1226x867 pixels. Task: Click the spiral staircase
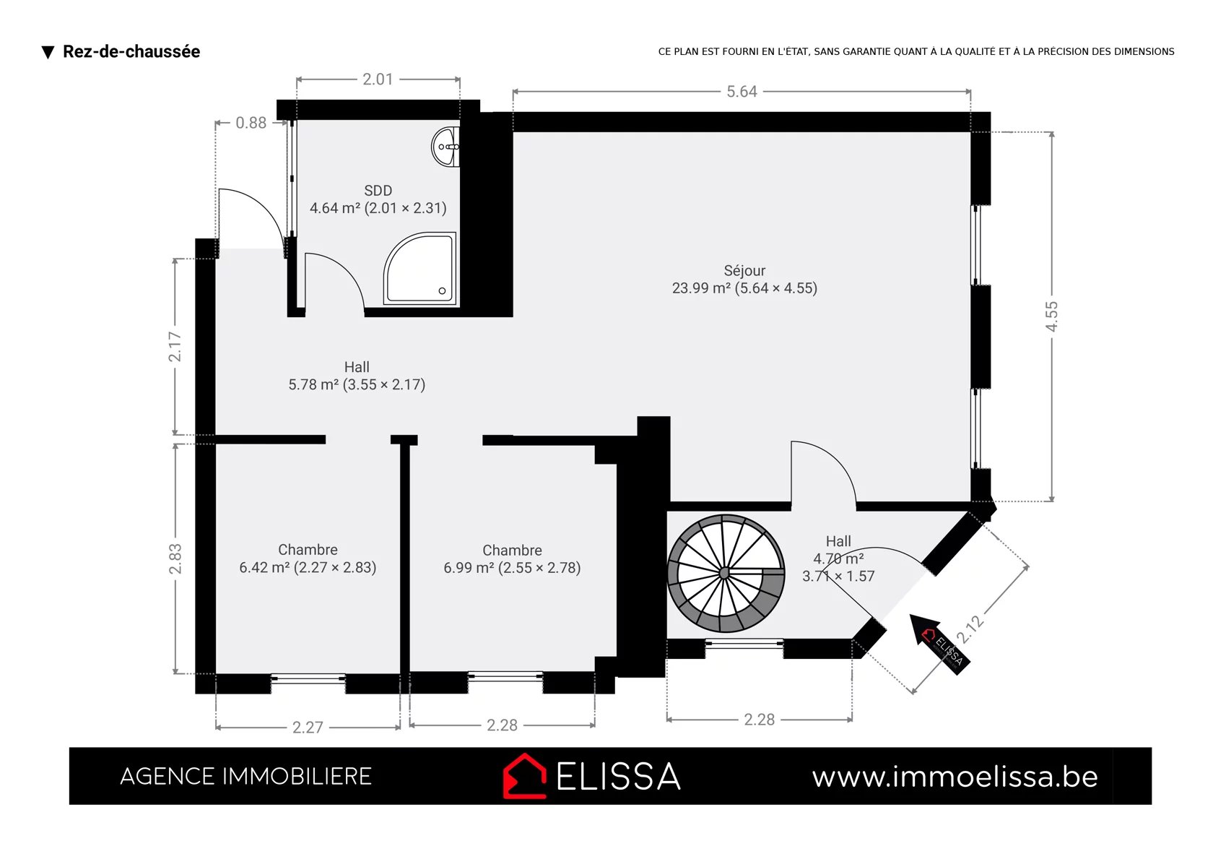(x=726, y=573)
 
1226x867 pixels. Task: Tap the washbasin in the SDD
(x=445, y=147)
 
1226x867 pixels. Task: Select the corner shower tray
(x=419, y=269)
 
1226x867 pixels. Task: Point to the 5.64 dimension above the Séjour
(x=742, y=92)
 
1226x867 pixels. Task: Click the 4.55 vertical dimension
(x=1051, y=316)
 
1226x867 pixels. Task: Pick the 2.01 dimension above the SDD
(x=378, y=79)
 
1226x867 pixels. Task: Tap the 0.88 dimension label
(x=251, y=123)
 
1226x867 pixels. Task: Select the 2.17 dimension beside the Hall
(x=175, y=347)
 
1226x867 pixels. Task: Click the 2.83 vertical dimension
(x=175, y=558)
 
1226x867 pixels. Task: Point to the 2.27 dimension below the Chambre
(x=308, y=728)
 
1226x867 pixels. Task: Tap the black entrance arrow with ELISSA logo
(x=940, y=644)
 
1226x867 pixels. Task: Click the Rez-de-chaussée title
(x=131, y=51)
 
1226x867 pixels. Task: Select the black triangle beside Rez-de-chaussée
(x=48, y=53)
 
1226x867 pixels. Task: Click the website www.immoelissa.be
(x=955, y=777)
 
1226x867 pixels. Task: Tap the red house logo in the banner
(x=524, y=776)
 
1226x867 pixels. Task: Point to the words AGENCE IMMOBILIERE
(x=245, y=777)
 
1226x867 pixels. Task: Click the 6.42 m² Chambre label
(x=308, y=558)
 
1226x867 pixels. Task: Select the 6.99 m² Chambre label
(x=512, y=559)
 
